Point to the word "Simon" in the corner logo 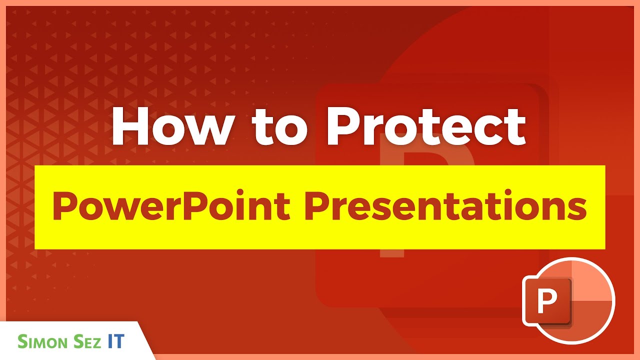(41, 341)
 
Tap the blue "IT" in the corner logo (116, 341)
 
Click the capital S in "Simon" (23, 341)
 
